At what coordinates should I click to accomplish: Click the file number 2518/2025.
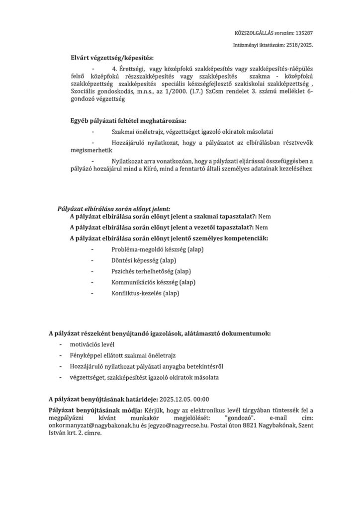coord(297,45)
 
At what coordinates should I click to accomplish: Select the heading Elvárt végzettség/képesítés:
coord(112,58)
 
